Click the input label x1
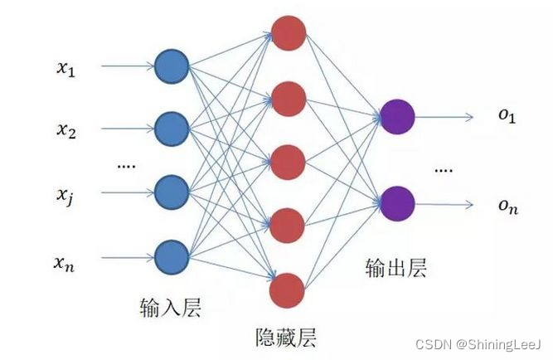[x=66, y=71]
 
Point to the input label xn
[x=66, y=264]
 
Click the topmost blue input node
[x=172, y=65]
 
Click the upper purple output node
[x=397, y=117]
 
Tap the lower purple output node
[x=397, y=202]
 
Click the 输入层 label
[x=172, y=309]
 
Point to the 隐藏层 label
[x=286, y=338]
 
